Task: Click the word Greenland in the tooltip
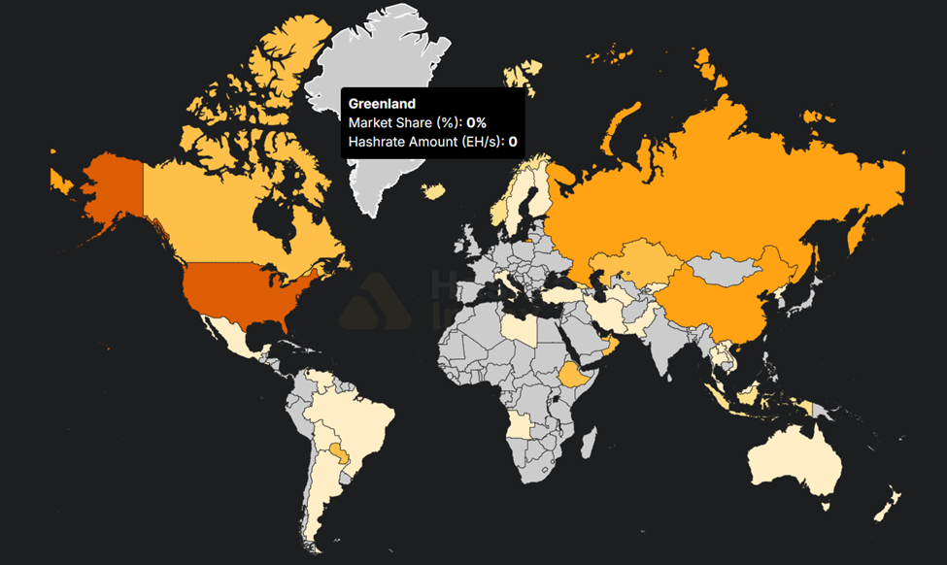[x=382, y=104]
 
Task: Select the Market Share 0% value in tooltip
[x=476, y=123]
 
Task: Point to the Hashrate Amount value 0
[x=512, y=142]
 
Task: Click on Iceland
[x=435, y=191]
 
